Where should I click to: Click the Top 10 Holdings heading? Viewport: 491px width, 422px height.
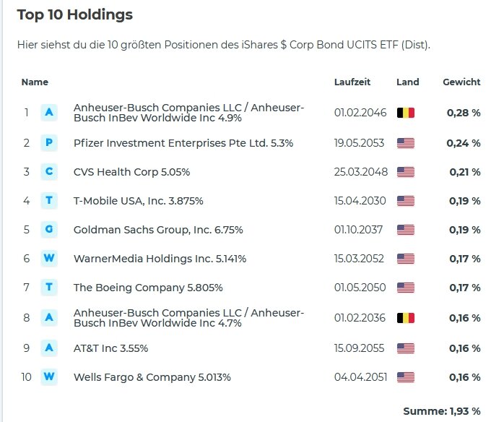click(x=75, y=15)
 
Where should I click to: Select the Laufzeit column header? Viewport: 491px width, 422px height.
click(x=352, y=82)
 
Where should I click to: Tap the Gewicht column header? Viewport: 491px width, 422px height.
click(x=461, y=82)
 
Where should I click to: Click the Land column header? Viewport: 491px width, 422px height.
click(x=407, y=82)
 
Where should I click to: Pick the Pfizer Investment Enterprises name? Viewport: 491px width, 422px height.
click(x=183, y=143)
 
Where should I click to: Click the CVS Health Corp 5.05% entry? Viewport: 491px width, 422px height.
click(x=131, y=172)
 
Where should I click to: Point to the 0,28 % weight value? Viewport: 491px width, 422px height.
click(x=463, y=113)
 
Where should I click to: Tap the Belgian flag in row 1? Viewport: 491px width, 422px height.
click(x=406, y=113)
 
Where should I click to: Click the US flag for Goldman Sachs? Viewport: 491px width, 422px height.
click(x=406, y=230)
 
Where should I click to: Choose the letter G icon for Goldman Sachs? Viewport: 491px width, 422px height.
click(x=49, y=230)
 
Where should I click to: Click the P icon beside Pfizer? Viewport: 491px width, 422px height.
click(x=49, y=143)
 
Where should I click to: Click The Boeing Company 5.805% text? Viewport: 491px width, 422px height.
click(x=148, y=288)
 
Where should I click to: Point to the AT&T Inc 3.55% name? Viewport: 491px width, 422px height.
click(x=110, y=348)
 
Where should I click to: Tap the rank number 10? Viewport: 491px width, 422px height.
click(x=27, y=377)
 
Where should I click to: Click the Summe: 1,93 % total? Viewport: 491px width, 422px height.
click(x=441, y=411)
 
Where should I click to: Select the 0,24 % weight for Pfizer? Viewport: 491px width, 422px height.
click(x=463, y=143)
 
